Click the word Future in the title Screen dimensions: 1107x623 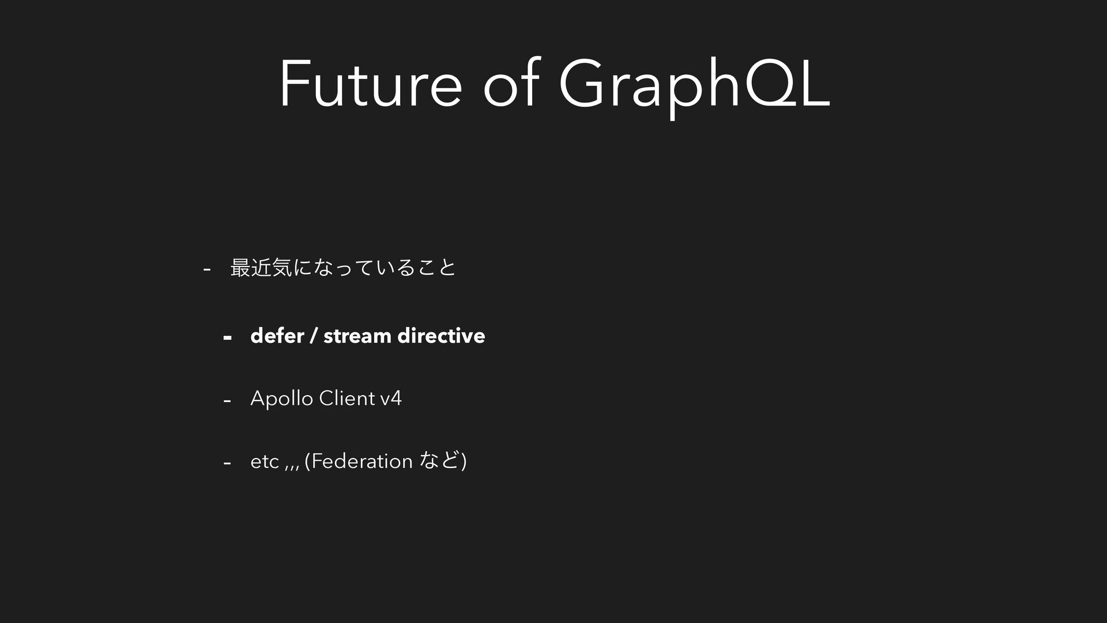(371, 84)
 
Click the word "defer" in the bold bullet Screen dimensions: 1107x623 (277, 335)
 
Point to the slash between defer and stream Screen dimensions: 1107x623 (314, 336)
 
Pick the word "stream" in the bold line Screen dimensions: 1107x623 (357, 336)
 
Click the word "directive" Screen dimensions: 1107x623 (441, 335)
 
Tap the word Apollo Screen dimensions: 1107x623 (282, 399)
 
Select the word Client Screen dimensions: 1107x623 (347, 398)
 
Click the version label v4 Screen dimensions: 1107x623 (391, 398)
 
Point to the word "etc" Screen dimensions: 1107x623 (265, 461)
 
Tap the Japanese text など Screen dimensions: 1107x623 (440, 460)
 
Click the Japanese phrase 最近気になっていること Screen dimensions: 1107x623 (343, 268)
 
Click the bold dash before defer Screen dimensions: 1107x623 (227, 337)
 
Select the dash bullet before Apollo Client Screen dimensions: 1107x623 (227, 400)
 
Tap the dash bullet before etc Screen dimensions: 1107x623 (227, 462)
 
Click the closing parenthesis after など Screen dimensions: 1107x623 (464, 461)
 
